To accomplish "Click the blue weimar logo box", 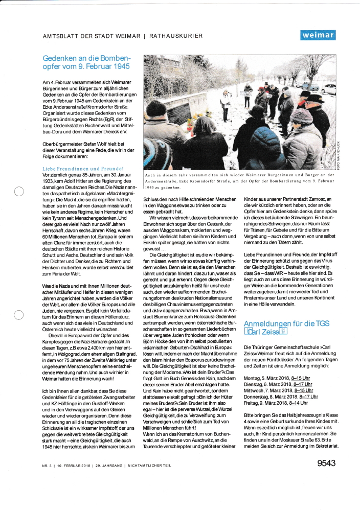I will pos(318,35).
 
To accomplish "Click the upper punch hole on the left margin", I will pos(18,192).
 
